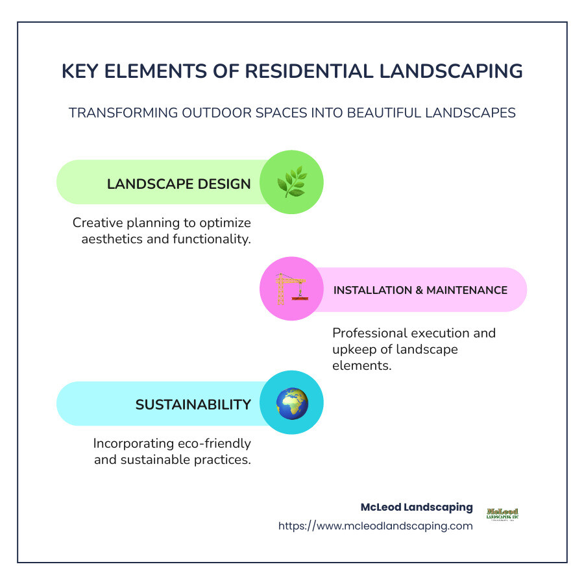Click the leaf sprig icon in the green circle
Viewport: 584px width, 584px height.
point(291,182)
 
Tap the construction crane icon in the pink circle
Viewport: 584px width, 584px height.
point(291,289)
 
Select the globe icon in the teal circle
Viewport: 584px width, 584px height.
point(291,404)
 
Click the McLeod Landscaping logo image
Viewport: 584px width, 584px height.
point(502,515)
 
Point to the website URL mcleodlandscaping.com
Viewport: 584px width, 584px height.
point(376,526)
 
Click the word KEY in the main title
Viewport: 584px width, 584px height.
point(81,71)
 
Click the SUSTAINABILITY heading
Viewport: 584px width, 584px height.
point(193,405)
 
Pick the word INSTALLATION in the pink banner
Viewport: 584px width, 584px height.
point(372,290)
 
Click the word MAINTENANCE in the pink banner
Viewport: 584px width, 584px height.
point(467,290)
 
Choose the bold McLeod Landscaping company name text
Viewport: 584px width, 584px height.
point(417,507)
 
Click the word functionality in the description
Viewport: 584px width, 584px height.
point(210,239)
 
